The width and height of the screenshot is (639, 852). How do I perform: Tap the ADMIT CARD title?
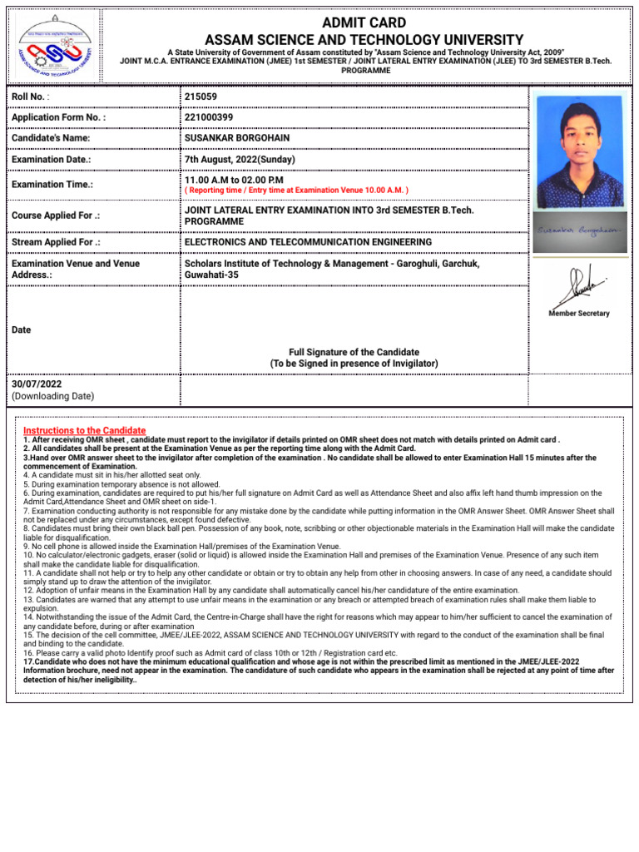pyautogui.click(x=364, y=22)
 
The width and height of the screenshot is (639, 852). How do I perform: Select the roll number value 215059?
pyautogui.click(x=201, y=97)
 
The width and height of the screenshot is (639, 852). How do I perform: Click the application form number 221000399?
pyautogui.click(x=209, y=117)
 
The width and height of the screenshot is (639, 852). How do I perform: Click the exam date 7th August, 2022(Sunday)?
pyautogui.click(x=240, y=159)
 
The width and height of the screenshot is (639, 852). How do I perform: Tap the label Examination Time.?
pyautogui.click(x=52, y=184)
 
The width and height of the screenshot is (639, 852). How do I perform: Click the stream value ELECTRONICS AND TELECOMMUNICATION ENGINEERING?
pyautogui.click(x=308, y=242)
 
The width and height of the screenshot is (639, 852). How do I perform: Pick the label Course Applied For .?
pyautogui.click(x=56, y=215)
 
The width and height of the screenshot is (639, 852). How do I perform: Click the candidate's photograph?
pyautogui.click(x=579, y=151)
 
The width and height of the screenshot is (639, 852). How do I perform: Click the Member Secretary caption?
pyautogui.click(x=579, y=314)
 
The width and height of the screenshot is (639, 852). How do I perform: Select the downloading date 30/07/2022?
pyautogui.click(x=37, y=384)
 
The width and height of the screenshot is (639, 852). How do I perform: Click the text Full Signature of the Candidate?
pyautogui.click(x=354, y=352)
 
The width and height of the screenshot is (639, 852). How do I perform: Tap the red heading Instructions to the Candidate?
pyautogui.click(x=84, y=430)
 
